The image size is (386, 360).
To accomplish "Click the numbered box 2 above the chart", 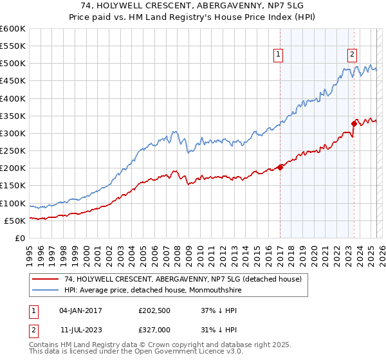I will click(x=353, y=55).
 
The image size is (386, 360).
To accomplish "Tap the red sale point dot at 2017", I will click(x=280, y=167).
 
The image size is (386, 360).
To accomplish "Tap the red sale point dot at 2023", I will click(x=354, y=123).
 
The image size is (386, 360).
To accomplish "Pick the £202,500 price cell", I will click(x=153, y=310).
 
